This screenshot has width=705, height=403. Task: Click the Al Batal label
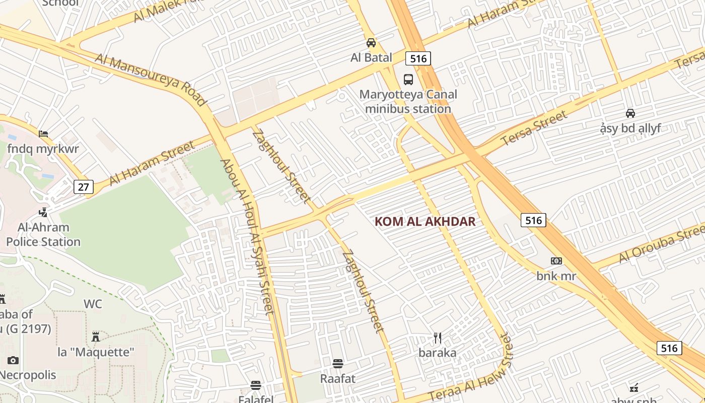(x=371, y=57)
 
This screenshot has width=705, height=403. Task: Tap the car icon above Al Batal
(x=371, y=43)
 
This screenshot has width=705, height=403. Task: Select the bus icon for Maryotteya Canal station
(x=408, y=80)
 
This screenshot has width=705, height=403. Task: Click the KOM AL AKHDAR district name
(x=425, y=222)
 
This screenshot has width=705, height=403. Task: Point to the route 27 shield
(x=84, y=187)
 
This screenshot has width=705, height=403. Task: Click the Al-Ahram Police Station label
(x=43, y=235)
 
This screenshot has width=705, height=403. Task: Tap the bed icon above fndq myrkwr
(x=43, y=134)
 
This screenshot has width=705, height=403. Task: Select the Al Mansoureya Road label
(x=151, y=80)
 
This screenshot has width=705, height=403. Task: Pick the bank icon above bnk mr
(x=556, y=261)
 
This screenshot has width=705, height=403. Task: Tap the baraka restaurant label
(x=438, y=353)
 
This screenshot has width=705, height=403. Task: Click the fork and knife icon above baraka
(x=438, y=338)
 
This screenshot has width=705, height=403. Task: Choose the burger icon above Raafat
(x=338, y=364)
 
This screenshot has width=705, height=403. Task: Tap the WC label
(x=93, y=304)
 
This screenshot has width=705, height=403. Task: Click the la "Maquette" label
(x=96, y=352)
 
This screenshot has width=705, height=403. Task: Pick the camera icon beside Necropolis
(x=13, y=360)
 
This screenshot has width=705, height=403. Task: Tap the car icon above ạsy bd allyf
(x=630, y=113)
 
